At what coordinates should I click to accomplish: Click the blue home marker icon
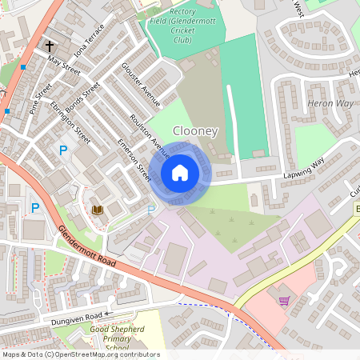(x=180, y=173)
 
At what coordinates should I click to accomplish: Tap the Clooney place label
(x=195, y=130)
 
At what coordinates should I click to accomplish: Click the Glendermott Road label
(x=87, y=246)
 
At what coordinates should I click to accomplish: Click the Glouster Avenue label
(x=141, y=84)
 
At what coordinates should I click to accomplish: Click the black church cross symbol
(x=50, y=46)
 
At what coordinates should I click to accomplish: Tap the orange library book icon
(x=98, y=210)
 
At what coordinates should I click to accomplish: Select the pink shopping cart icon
(x=283, y=301)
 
